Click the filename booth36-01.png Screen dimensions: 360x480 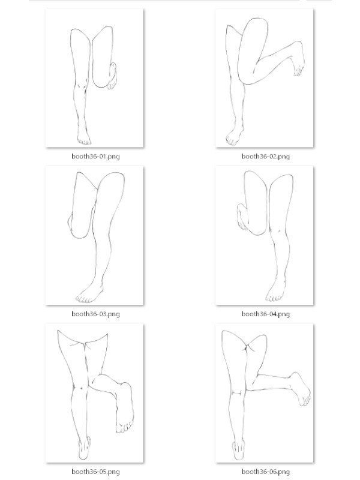click(95, 157)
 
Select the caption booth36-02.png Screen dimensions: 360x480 click(265, 157)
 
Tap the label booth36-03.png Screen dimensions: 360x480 click(95, 314)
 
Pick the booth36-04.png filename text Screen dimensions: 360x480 click(265, 314)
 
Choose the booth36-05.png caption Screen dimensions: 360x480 click(95, 472)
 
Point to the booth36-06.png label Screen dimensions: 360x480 click(265, 472)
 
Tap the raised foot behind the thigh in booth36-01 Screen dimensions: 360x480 click(112, 76)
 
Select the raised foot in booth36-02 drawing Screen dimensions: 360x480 click(298, 58)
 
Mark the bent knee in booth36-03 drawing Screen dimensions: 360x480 click(79, 227)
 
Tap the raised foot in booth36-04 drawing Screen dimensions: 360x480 click(242, 217)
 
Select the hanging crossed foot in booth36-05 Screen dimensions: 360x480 click(125, 408)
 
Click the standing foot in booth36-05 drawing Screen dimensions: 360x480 click(84, 448)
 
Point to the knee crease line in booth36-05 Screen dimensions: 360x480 click(78, 388)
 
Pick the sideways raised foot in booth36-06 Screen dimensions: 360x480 click(301, 388)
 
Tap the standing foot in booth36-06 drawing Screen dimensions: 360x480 click(238, 449)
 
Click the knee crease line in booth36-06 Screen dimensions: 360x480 click(237, 392)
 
